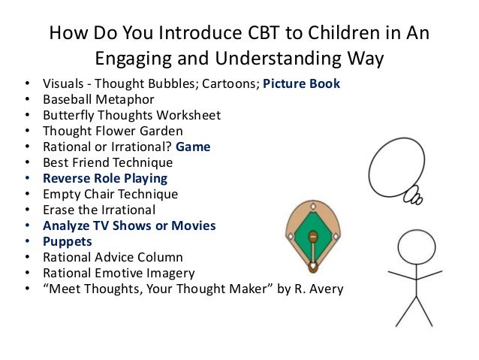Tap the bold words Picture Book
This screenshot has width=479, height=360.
click(x=301, y=83)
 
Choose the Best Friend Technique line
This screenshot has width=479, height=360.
click(x=107, y=162)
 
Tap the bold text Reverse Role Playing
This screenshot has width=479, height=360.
click(x=105, y=178)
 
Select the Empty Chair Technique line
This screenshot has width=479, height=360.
click(x=110, y=194)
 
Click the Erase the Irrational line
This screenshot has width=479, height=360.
click(x=99, y=210)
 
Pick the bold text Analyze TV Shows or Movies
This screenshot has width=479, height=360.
click(x=129, y=225)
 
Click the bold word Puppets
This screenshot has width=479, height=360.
click(x=68, y=241)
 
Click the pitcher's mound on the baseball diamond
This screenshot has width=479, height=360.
click(x=313, y=237)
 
